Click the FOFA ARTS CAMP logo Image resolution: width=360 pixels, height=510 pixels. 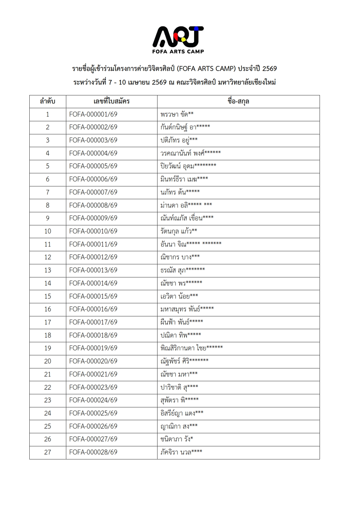(x=178, y=40)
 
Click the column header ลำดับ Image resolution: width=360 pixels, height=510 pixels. (x=48, y=101)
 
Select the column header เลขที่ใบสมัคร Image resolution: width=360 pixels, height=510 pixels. (x=112, y=101)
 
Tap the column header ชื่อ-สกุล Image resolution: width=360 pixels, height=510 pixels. (x=238, y=101)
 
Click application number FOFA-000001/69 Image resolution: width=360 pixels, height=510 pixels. (x=93, y=114)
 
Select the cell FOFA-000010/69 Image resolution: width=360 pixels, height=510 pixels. (x=93, y=231)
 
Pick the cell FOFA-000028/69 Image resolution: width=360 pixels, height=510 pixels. (x=93, y=452)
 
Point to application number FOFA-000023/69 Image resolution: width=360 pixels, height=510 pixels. (x=93, y=387)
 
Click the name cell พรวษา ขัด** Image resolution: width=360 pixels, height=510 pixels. (x=177, y=114)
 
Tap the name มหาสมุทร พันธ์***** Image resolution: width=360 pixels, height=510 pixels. (x=187, y=309)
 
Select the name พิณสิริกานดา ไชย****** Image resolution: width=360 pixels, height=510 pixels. (x=191, y=348)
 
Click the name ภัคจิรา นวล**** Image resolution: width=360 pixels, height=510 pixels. (x=181, y=452)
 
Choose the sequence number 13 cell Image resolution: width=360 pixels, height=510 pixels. (x=48, y=270)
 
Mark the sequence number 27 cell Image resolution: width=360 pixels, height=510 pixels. (x=48, y=452)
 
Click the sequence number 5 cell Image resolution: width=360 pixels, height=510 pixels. (x=48, y=166)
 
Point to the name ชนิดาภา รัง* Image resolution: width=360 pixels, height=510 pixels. (x=177, y=439)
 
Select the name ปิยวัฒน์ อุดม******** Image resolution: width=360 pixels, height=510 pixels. (x=188, y=166)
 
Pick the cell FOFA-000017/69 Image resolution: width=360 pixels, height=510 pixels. (x=93, y=322)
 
